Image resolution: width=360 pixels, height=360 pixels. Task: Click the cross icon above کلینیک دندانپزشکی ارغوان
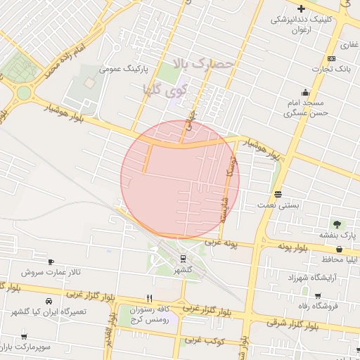coord(302,8)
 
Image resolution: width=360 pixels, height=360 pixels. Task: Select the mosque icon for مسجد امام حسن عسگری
coord(305,92)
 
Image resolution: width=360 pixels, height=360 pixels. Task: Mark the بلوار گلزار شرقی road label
coord(288,323)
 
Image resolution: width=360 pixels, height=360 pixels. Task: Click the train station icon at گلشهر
coord(184,258)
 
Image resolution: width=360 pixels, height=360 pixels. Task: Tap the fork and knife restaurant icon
coord(149,298)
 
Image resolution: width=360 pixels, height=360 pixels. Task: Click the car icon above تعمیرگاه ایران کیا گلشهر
coord(49,301)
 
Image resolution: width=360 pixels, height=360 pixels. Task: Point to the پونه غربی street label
coord(222,243)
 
